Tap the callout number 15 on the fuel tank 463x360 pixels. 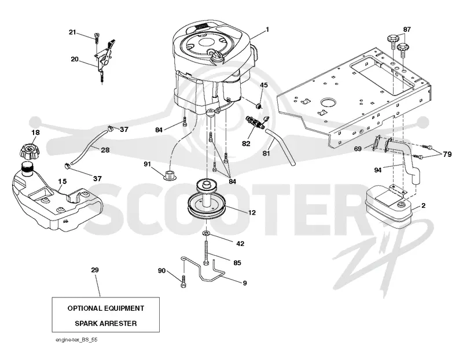coord(63,181)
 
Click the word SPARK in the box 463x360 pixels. coord(86,324)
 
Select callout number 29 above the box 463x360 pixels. coord(95,270)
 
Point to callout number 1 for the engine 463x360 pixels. coord(267,30)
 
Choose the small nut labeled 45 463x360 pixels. coord(259,106)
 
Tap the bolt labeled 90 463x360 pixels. coord(183,281)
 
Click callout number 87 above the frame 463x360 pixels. coord(407,30)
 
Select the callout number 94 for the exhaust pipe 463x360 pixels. coord(378,170)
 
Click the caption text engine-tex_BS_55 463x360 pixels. coord(76,340)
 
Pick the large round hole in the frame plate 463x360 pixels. coord(328,102)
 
